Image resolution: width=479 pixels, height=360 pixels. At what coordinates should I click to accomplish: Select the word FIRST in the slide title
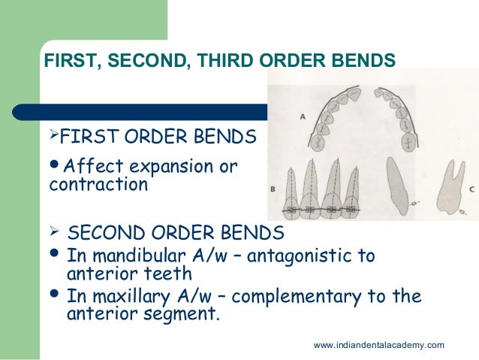pos(68,59)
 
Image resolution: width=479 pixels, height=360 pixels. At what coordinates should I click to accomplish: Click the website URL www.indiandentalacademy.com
pos(378,344)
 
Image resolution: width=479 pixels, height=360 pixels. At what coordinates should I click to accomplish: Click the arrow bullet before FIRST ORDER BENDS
pos(53,136)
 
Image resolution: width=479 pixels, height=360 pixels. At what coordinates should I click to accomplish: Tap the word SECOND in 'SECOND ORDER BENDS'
pos(101,231)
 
